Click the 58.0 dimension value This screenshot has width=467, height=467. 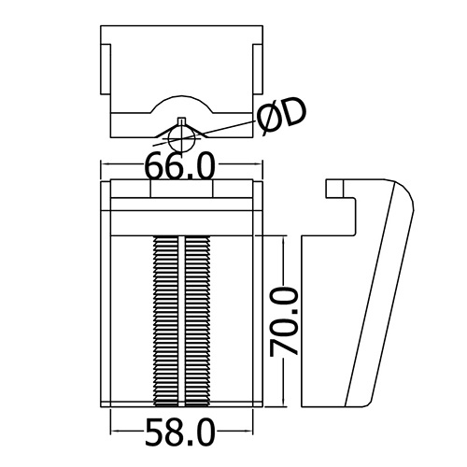180,432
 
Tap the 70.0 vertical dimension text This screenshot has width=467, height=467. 284,322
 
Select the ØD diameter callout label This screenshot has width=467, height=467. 281,117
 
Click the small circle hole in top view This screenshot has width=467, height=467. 182,139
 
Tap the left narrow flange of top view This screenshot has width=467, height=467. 106,69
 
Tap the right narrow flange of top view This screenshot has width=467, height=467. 258,69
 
